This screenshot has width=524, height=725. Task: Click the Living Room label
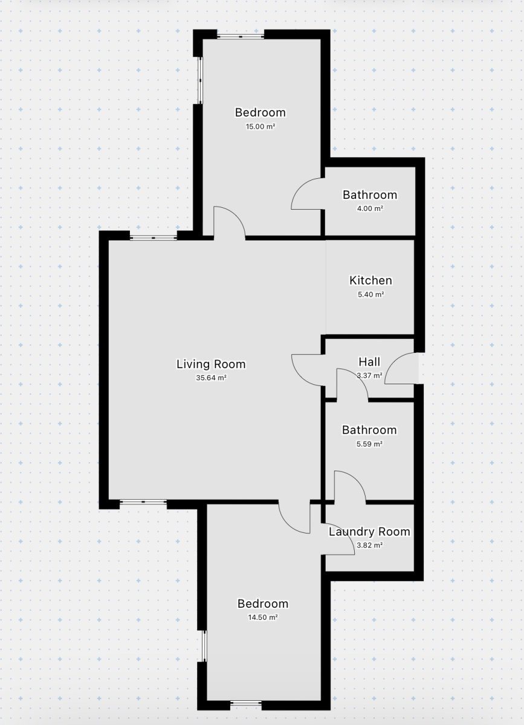pyautogui.click(x=211, y=364)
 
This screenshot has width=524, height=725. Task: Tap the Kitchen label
pyautogui.click(x=370, y=280)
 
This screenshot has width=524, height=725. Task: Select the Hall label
pyautogui.click(x=369, y=362)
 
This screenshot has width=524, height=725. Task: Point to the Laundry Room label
pyautogui.click(x=369, y=532)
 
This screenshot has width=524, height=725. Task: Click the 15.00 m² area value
pyautogui.click(x=260, y=126)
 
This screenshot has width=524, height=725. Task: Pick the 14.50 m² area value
pyautogui.click(x=263, y=617)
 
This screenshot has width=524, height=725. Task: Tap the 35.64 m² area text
pyautogui.click(x=211, y=378)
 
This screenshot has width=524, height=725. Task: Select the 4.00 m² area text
pyautogui.click(x=370, y=208)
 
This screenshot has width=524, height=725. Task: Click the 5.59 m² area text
pyautogui.click(x=369, y=443)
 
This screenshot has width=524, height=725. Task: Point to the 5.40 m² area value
pyautogui.click(x=370, y=295)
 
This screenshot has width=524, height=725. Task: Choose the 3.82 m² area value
pyautogui.click(x=369, y=546)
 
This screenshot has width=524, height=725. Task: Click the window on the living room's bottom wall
pyautogui.click(x=143, y=502)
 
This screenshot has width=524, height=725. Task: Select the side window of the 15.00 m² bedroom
pyautogui.click(x=201, y=80)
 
